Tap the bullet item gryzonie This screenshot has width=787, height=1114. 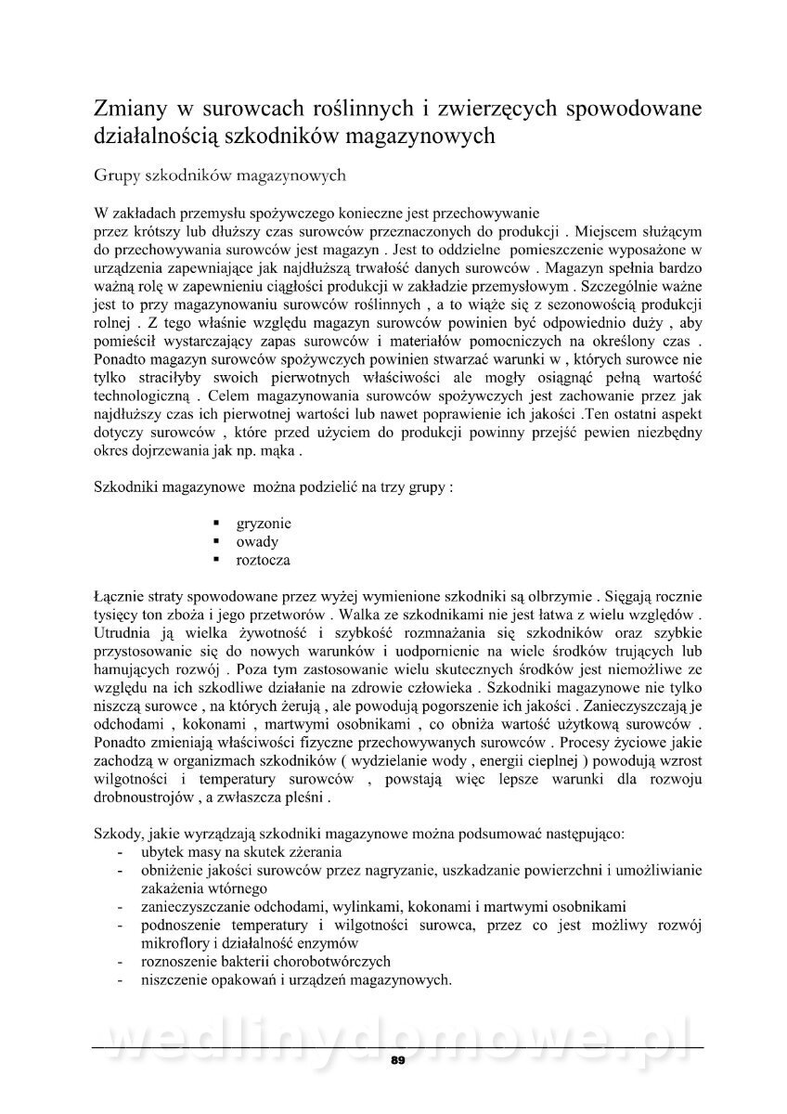(x=264, y=524)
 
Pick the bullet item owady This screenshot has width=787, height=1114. (x=257, y=541)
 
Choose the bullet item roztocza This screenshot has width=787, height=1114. (x=264, y=560)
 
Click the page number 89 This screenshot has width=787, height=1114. (x=398, y=1060)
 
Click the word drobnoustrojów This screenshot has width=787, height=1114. (x=149, y=797)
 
